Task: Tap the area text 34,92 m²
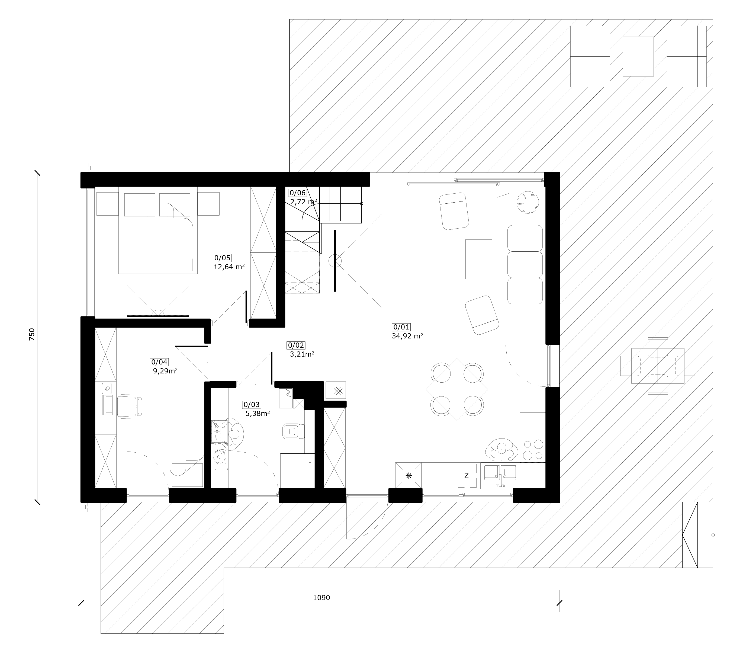point(407,336)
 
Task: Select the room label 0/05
point(222,258)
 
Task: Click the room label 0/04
point(159,362)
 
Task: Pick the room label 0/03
point(252,405)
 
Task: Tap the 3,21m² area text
point(302,354)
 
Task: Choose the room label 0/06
point(297,193)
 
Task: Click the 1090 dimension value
point(321,598)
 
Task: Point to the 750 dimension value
point(32,334)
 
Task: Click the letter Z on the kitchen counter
point(467,476)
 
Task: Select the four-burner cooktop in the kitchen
point(533,450)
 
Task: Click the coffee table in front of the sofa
point(479,259)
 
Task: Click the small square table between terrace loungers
point(638,56)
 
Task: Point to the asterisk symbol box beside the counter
point(409,475)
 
